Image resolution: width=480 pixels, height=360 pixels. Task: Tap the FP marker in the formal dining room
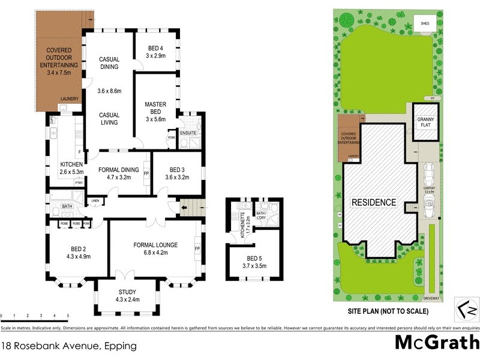146,173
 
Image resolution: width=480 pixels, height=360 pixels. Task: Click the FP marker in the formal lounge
196,247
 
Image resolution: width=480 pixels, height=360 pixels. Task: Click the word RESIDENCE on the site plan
374,202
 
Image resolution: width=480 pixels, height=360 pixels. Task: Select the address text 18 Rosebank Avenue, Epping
69,346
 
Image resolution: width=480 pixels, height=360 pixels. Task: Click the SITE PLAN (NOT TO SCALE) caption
388,311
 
